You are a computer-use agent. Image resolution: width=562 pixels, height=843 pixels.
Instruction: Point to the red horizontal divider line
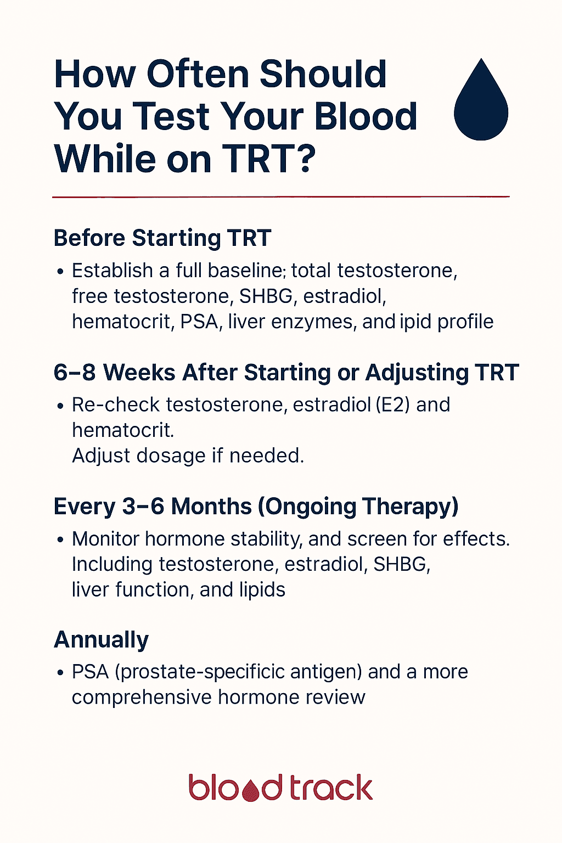280,196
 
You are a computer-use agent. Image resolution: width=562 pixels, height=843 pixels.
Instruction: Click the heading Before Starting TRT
162,238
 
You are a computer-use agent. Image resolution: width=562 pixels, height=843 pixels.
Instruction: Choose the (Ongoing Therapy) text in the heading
358,507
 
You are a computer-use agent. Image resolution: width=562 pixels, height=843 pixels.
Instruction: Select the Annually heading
102,640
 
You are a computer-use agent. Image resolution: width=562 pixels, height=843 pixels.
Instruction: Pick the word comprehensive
142,697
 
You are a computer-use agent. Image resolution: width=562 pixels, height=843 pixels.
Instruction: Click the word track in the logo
331,788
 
